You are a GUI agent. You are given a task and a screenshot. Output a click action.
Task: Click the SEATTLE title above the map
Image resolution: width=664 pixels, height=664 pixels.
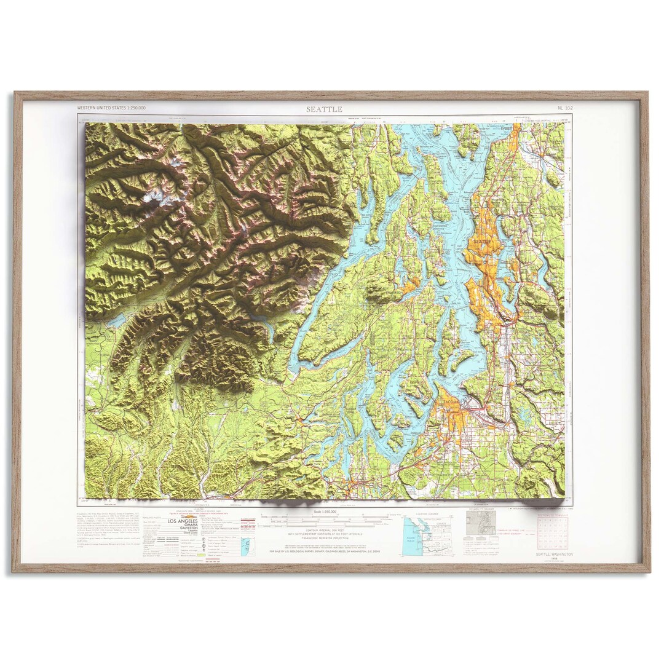point(325,109)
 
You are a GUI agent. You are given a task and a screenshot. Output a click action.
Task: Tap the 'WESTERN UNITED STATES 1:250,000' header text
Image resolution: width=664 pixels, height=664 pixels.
point(111,108)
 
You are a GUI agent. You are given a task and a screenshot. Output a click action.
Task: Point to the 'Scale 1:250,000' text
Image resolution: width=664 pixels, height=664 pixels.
point(325,512)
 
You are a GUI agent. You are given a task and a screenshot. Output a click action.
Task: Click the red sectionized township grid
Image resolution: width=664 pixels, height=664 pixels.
point(553,532)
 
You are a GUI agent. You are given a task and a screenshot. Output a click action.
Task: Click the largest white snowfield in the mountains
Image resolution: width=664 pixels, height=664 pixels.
point(154,197)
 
